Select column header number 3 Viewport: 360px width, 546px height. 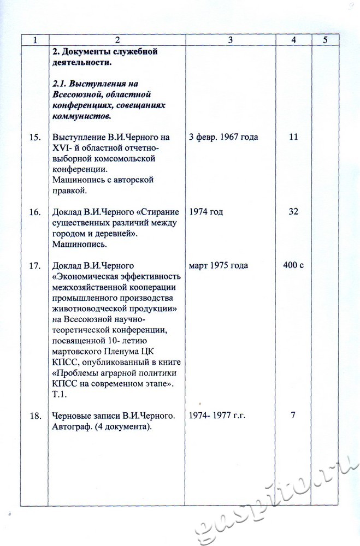231,40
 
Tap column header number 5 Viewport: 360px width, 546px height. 325,40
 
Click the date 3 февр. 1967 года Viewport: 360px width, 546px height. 223,137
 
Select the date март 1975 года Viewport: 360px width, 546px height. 218,266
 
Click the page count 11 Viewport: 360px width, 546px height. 293,137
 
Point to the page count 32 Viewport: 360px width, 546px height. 293,212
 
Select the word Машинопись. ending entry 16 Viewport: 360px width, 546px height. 76,245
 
